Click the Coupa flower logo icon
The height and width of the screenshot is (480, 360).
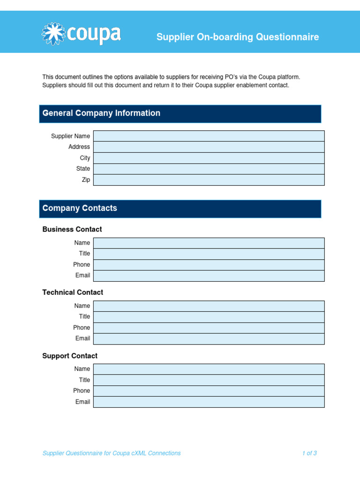pyautogui.click(x=52, y=34)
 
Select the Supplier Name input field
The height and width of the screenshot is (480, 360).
pyautogui.click(x=209, y=136)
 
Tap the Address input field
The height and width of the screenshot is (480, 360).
pyautogui.click(x=209, y=147)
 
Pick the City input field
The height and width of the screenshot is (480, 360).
pyautogui.click(x=209, y=158)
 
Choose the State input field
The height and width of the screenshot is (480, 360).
pyautogui.click(x=209, y=169)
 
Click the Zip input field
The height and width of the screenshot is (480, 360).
pyautogui.click(x=209, y=180)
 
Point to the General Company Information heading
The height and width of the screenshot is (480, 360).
pyautogui.click(x=101, y=113)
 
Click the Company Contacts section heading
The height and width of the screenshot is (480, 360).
pyautogui.click(x=80, y=208)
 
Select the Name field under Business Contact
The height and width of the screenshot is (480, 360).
pyautogui.click(x=209, y=243)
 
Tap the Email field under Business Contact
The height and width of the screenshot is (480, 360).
pyautogui.click(x=209, y=276)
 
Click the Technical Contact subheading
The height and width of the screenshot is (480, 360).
pyautogui.click(x=73, y=292)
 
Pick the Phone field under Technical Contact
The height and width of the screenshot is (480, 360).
pyautogui.click(x=209, y=328)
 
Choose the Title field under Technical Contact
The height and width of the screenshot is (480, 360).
pyautogui.click(x=209, y=317)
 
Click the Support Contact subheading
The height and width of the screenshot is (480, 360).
pyautogui.click(x=70, y=356)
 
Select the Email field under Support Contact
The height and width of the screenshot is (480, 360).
pyautogui.click(x=209, y=402)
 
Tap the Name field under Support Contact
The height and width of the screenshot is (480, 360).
pyautogui.click(x=209, y=369)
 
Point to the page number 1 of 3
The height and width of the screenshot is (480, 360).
pyautogui.click(x=309, y=453)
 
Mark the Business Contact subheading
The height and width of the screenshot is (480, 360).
pyautogui.click(x=72, y=229)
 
